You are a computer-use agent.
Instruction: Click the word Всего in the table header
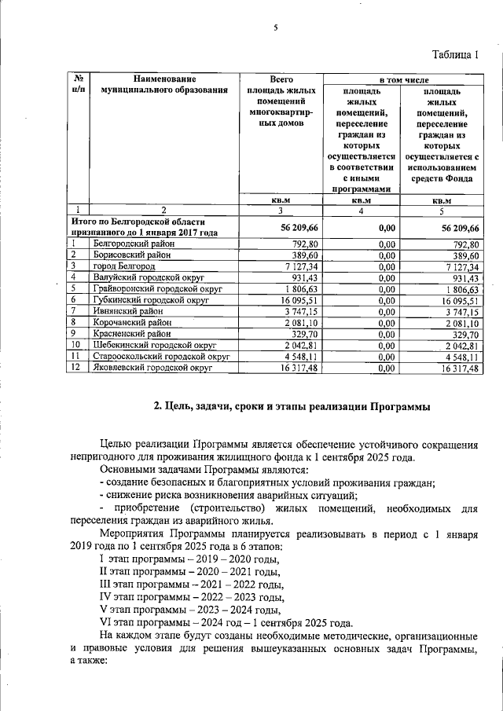[281, 79]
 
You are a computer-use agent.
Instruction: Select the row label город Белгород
[124, 266]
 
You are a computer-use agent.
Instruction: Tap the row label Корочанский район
[130, 321]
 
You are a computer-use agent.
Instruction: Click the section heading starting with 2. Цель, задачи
[292, 405]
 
